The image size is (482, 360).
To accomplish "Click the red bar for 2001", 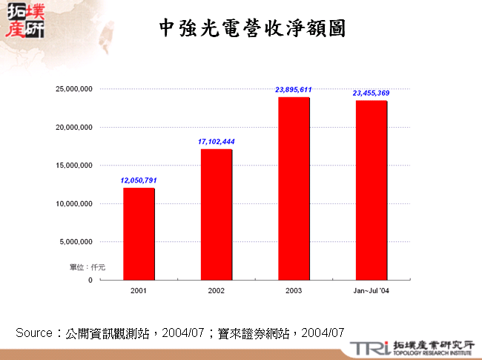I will pos(139,234).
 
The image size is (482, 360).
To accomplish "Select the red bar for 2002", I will pos(216,215).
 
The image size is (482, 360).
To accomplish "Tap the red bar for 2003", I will pos(293,189).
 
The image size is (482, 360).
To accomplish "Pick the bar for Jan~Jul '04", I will pos(371,190).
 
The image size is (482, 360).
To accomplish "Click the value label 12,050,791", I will pos(139,180).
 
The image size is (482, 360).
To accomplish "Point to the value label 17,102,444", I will pos(217,141).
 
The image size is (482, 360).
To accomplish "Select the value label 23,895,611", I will pos(293,89).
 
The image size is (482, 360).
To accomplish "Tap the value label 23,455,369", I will pos(371,93).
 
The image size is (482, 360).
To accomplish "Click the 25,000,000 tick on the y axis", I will pos(74,89).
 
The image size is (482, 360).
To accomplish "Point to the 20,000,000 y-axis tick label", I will pos(74,127).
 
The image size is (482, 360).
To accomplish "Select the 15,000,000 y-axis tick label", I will pos(74,166).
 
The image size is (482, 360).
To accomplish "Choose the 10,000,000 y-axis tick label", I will pos(74,203).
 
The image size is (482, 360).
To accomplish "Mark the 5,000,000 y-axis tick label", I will pos(76,242).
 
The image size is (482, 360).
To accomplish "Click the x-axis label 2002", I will pos(216,291).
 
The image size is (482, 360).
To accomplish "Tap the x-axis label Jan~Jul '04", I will pos(371,291).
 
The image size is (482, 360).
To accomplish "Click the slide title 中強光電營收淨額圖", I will pos(252,29).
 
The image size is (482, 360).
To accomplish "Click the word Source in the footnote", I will pos(34,332).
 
